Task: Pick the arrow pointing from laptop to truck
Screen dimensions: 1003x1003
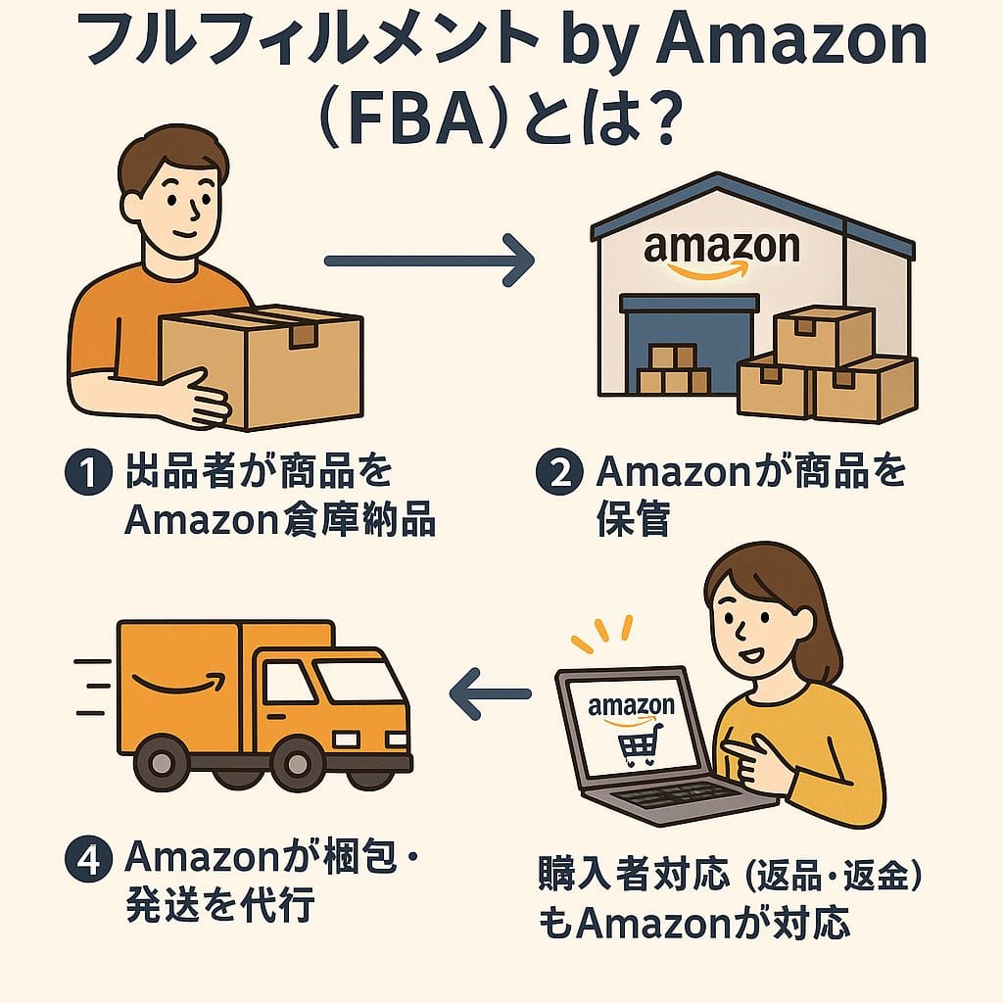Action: [x=490, y=693]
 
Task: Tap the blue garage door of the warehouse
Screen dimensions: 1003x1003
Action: [x=690, y=348]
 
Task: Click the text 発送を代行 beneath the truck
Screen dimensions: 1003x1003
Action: [x=219, y=906]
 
